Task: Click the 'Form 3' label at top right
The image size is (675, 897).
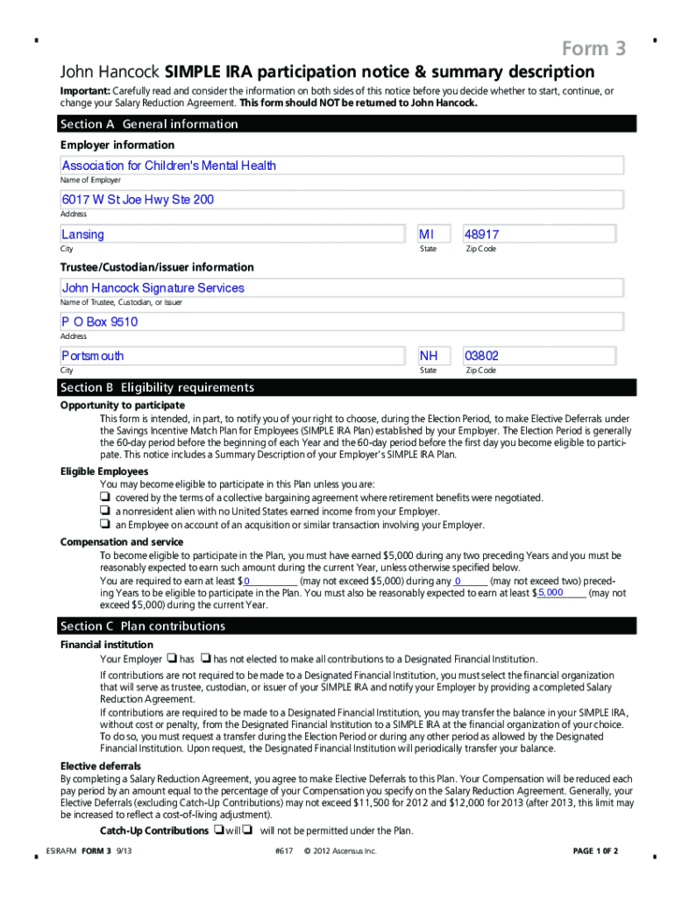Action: [593, 49]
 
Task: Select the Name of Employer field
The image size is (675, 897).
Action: [341, 166]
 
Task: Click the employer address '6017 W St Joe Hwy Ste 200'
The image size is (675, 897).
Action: [341, 200]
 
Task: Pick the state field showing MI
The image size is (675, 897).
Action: [434, 234]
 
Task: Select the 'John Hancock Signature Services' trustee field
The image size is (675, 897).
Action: [341, 287]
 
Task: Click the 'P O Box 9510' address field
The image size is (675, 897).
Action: [341, 321]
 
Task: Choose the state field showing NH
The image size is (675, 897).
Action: [434, 356]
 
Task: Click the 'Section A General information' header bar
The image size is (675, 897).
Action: [347, 124]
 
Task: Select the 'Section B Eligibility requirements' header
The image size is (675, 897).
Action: [347, 387]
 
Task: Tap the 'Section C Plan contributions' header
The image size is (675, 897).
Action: [347, 626]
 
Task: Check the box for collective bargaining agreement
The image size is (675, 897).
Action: [104, 498]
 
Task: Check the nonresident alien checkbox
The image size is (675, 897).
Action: [104, 512]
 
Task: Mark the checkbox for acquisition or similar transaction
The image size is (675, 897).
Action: [104, 525]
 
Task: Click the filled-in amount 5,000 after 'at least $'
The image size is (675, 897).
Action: [551, 593]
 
